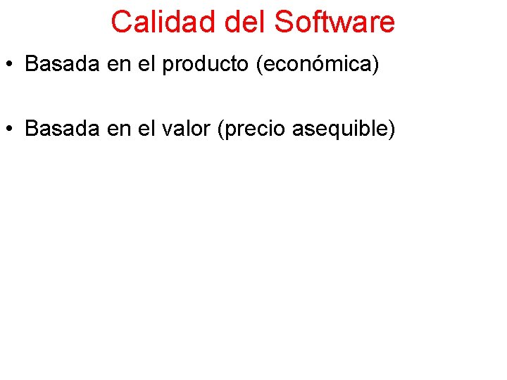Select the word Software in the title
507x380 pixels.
(x=334, y=22)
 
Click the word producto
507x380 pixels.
(x=206, y=65)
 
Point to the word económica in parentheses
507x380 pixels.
(x=318, y=64)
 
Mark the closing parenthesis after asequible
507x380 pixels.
(x=391, y=129)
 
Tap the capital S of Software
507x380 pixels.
(x=284, y=22)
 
